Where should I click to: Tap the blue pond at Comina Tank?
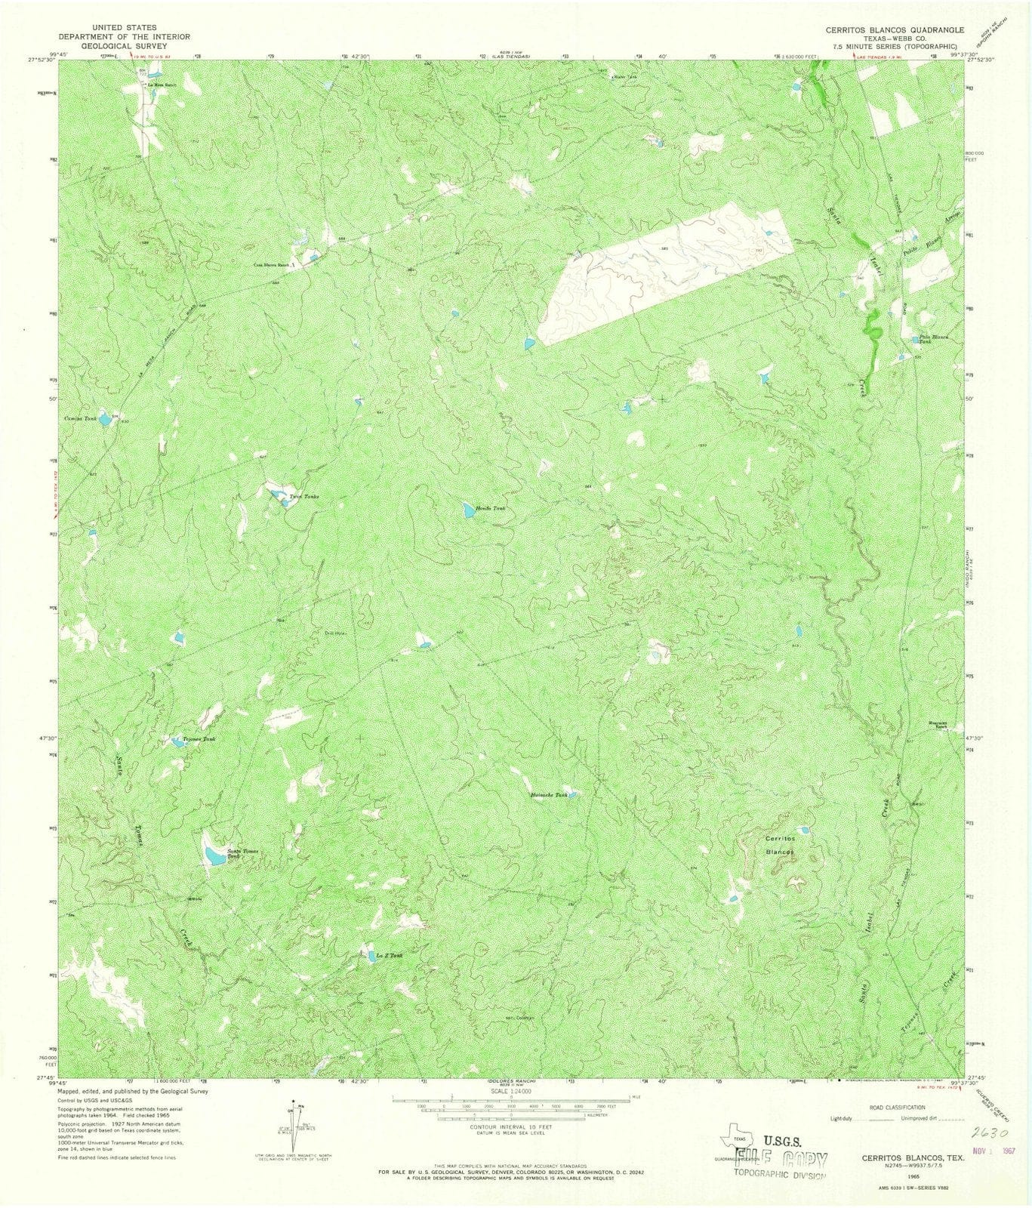106,420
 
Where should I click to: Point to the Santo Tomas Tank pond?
214,856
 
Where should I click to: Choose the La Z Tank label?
390,955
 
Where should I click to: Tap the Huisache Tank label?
549,795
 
